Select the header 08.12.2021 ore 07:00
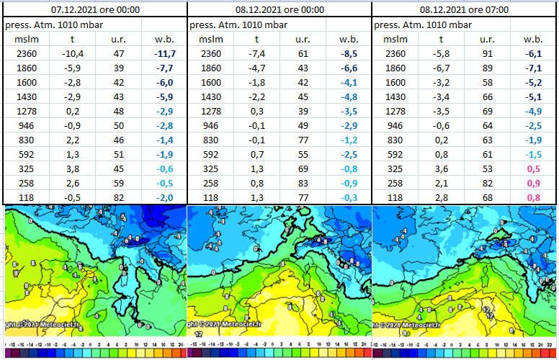[465, 9]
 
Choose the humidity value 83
[302, 184]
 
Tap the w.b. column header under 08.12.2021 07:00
[533, 39]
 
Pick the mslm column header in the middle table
[210, 39]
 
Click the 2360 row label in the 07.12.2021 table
[24, 54]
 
